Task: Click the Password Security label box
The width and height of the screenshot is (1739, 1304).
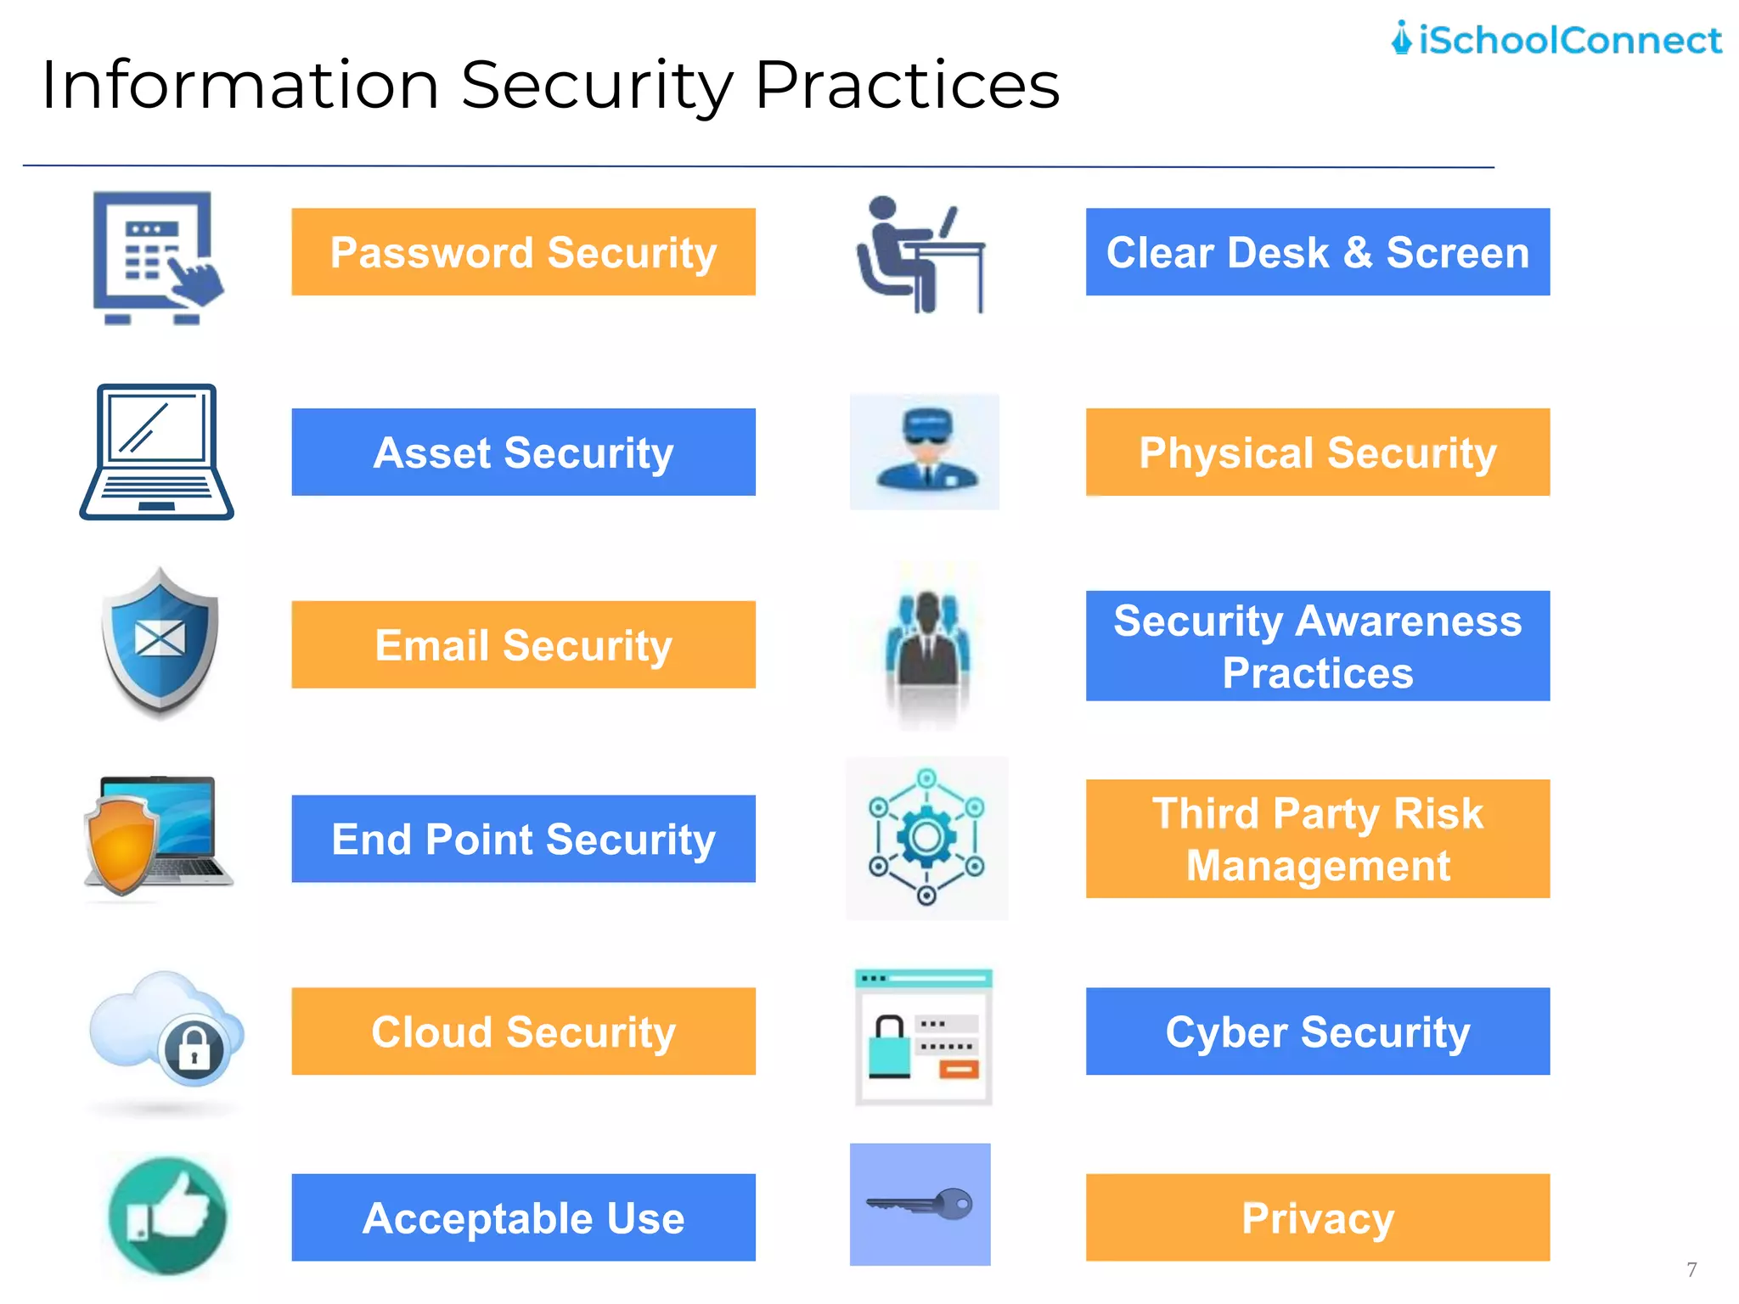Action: click(x=523, y=252)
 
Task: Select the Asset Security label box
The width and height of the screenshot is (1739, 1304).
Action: click(x=523, y=452)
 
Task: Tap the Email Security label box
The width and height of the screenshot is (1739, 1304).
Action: click(x=523, y=645)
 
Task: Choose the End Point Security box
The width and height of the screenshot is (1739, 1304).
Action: click(x=523, y=839)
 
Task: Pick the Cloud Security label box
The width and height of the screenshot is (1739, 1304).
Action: click(x=523, y=1031)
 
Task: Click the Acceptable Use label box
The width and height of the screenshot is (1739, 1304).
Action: click(x=523, y=1217)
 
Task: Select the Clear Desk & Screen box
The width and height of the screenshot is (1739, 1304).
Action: click(x=1317, y=252)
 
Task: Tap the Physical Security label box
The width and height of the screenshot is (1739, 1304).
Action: click(x=1317, y=452)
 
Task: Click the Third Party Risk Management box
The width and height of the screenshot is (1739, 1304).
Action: click(x=1317, y=839)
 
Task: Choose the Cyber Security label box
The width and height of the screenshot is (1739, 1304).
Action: click(x=1317, y=1031)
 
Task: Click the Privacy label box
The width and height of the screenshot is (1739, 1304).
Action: click(x=1317, y=1217)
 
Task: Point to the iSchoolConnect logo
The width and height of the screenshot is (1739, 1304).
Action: click(x=1556, y=40)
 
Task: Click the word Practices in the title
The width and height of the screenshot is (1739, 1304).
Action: click(x=907, y=85)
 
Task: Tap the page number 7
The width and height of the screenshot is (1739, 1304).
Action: click(x=1691, y=1269)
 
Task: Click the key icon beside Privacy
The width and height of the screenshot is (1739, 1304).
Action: click(x=920, y=1204)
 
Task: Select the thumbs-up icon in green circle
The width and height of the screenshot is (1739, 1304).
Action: click(x=168, y=1216)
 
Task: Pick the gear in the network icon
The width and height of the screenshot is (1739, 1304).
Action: click(x=926, y=838)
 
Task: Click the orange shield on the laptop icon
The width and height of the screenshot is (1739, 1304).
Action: click(x=121, y=845)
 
